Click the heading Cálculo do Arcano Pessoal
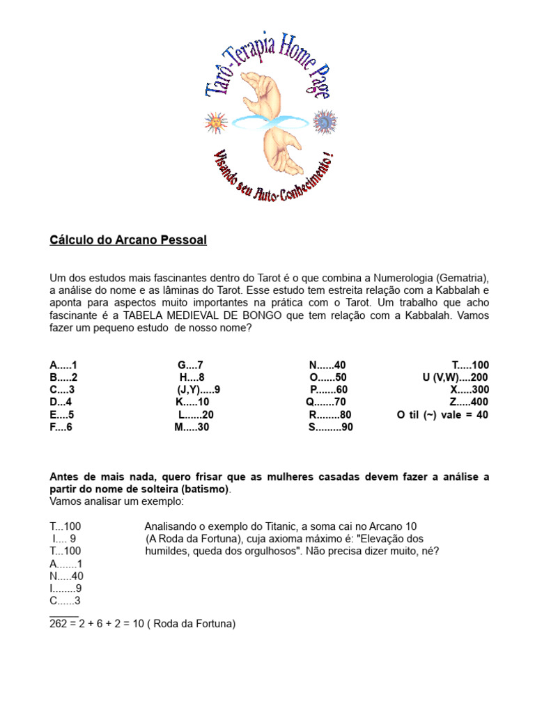(128, 240)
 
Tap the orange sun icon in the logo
(215, 123)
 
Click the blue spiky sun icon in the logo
(324, 123)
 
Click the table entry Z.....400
(469, 402)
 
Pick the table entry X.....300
(470, 389)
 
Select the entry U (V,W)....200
(455, 377)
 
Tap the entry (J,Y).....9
(199, 389)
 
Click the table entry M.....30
(192, 427)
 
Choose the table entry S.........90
(331, 427)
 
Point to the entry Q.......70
(325, 402)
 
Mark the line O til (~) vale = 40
(442, 414)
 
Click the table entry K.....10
(192, 402)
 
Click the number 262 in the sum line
(59, 625)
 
